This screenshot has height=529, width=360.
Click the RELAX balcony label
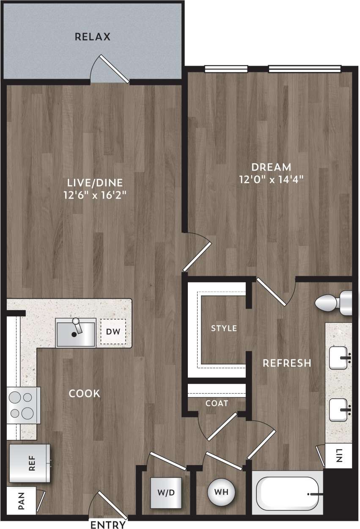coord(93,37)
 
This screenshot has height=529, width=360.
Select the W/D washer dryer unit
coord(167,493)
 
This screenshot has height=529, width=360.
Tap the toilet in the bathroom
coord(334,302)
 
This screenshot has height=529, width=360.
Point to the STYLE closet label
coord(224,328)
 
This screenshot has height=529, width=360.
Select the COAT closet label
coord(217,403)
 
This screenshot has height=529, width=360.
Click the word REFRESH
coord(287,363)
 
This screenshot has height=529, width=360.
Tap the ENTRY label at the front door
coord(108,525)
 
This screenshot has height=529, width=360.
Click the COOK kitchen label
coord(85,394)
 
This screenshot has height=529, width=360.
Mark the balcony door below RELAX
coord(111,69)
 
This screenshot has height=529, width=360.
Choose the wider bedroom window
coord(305,69)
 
